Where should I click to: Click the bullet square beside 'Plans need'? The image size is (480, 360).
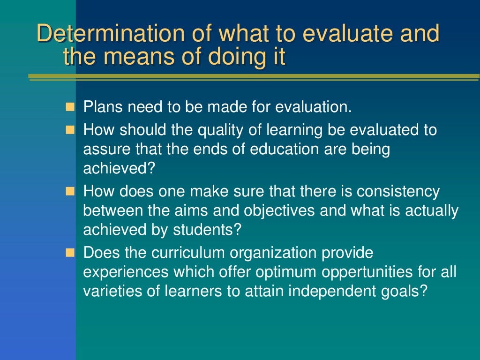[70, 107]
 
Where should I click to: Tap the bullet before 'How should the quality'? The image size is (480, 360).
[70, 130]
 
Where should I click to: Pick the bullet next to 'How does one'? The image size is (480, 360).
[70, 192]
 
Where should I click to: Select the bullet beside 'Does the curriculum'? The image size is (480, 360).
[70, 253]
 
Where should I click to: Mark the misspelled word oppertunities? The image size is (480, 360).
[356, 272]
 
